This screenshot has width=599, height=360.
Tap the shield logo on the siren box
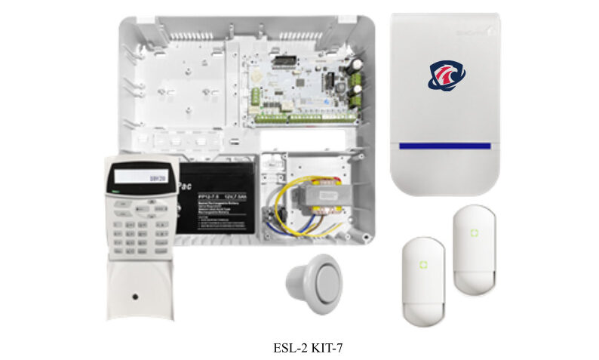pos(447,75)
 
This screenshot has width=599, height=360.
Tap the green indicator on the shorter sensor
pos(424,264)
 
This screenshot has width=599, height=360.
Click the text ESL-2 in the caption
pos(290,348)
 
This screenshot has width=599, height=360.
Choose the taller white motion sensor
pos(473,250)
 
